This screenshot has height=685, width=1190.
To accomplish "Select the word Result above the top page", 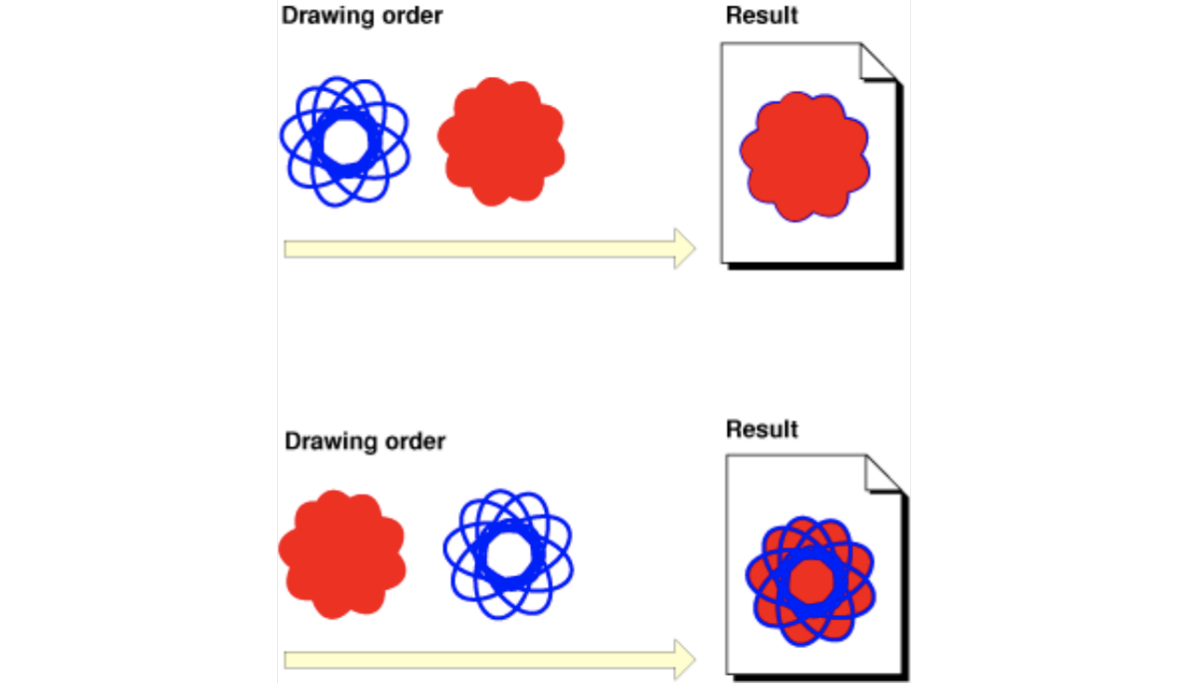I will tap(761, 16).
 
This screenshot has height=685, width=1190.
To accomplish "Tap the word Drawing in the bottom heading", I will tap(326, 441).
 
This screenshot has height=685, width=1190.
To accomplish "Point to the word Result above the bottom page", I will tap(761, 429).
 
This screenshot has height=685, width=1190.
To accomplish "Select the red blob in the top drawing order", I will tap(501, 141).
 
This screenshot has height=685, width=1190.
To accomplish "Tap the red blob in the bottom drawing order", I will tap(342, 554).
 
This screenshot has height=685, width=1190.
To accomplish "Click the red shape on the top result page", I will tap(805, 157).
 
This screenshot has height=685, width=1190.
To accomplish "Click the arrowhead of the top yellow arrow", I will tap(685, 248).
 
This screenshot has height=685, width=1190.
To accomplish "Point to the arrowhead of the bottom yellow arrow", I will tap(685, 660).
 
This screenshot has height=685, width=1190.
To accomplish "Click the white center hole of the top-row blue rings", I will tap(345, 140).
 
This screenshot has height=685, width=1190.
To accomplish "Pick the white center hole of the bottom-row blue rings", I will tap(509, 555).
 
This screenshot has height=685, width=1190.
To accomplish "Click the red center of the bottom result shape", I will tap(811, 580).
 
